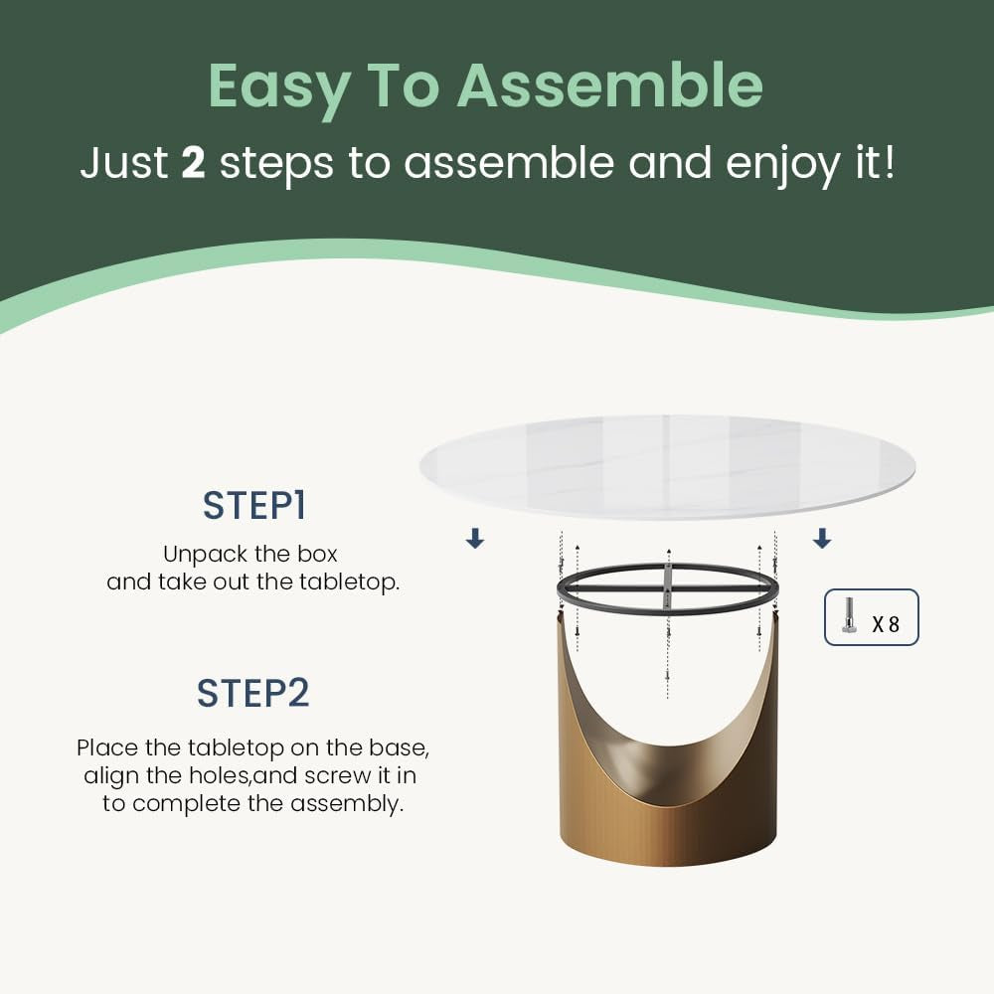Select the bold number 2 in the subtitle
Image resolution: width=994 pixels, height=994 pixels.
193,162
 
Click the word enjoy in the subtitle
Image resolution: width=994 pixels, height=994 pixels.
782,165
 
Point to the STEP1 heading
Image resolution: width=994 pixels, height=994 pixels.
254,505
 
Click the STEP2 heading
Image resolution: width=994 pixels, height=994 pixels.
252,693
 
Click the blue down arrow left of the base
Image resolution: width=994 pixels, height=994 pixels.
475,539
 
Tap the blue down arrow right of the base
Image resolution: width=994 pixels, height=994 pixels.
822,538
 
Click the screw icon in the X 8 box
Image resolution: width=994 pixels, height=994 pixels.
848,615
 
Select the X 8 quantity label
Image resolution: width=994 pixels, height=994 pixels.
886,624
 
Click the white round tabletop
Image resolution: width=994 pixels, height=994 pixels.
667,467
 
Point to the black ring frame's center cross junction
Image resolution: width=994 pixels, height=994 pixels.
668,589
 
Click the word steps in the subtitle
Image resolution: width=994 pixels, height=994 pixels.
276,165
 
